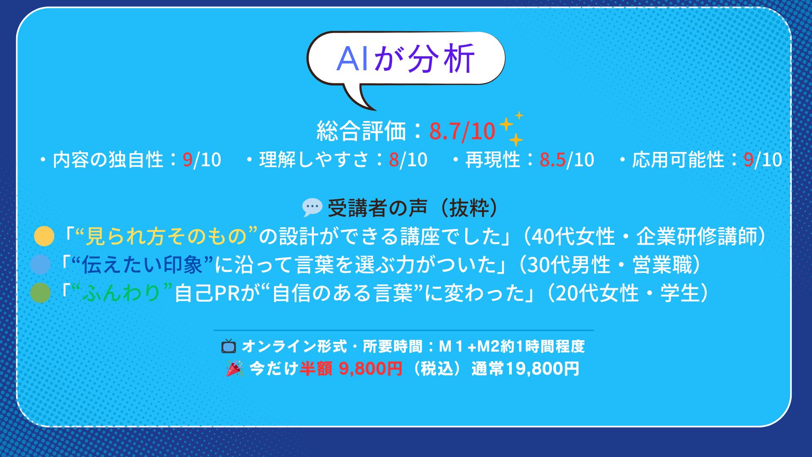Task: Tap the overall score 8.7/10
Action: point(462,132)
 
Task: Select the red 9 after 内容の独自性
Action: point(187,160)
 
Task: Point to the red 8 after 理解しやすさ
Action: point(394,160)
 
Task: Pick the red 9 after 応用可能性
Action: point(749,160)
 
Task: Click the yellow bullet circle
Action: point(44,236)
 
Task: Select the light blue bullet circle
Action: point(41,264)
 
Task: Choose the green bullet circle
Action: point(41,293)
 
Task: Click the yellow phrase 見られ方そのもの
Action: point(166,237)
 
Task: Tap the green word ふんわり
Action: point(121,294)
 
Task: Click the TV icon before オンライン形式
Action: point(228,346)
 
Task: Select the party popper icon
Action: point(234,369)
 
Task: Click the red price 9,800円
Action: point(370,369)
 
